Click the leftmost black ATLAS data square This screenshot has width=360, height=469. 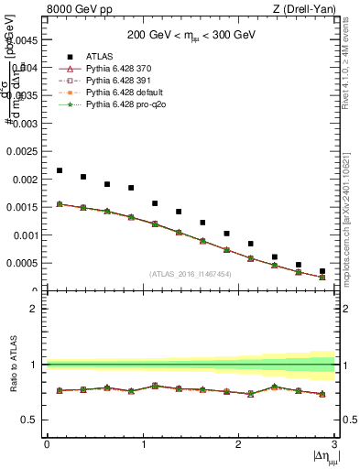(60, 170)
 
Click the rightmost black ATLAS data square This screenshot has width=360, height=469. (322, 271)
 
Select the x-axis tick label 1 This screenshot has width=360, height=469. (143, 444)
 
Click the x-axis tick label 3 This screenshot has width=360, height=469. (333, 444)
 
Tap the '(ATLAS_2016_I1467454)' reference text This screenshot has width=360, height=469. (190, 274)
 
